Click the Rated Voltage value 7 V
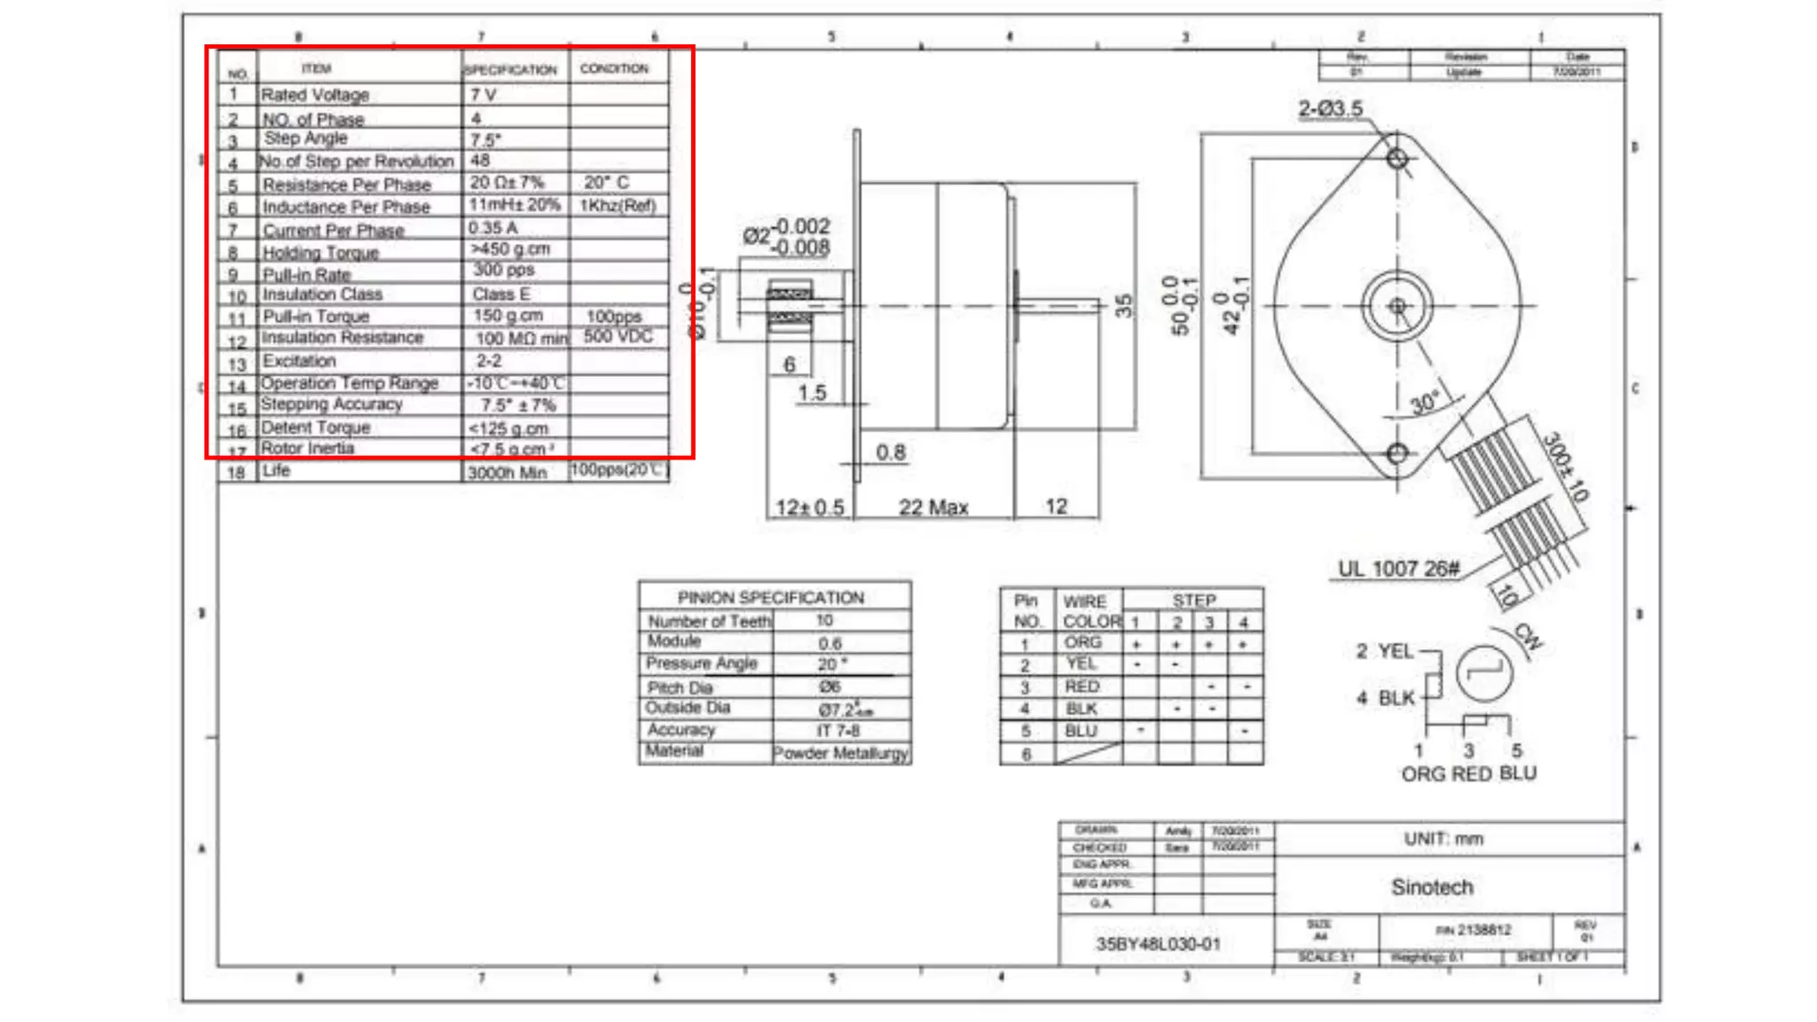pyautogui.click(x=484, y=95)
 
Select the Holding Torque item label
pyautogui.click(x=320, y=253)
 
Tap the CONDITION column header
pyautogui.click(x=614, y=68)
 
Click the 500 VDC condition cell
pyautogui.click(x=617, y=336)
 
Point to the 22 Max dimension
pyautogui.click(x=932, y=507)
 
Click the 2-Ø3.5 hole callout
pyautogui.click(x=1330, y=109)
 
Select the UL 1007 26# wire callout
pyautogui.click(x=1398, y=570)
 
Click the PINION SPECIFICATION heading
pyautogui.click(x=770, y=597)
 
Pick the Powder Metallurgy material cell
pyautogui.click(x=840, y=753)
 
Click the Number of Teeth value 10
pyautogui.click(x=824, y=620)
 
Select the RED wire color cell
pyautogui.click(x=1082, y=687)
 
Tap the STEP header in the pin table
pyautogui.click(x=1193, y=601)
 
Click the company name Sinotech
pyautogui.click(x=1431, y=887)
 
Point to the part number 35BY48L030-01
pyautogui.click(x=1158, y=944)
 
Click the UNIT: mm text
pyautogui.click(x=1443, y=839)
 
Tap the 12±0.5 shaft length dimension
pyautogui.click(x=809, y=507)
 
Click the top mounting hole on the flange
pyautogui.click(x=1396, y=159)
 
